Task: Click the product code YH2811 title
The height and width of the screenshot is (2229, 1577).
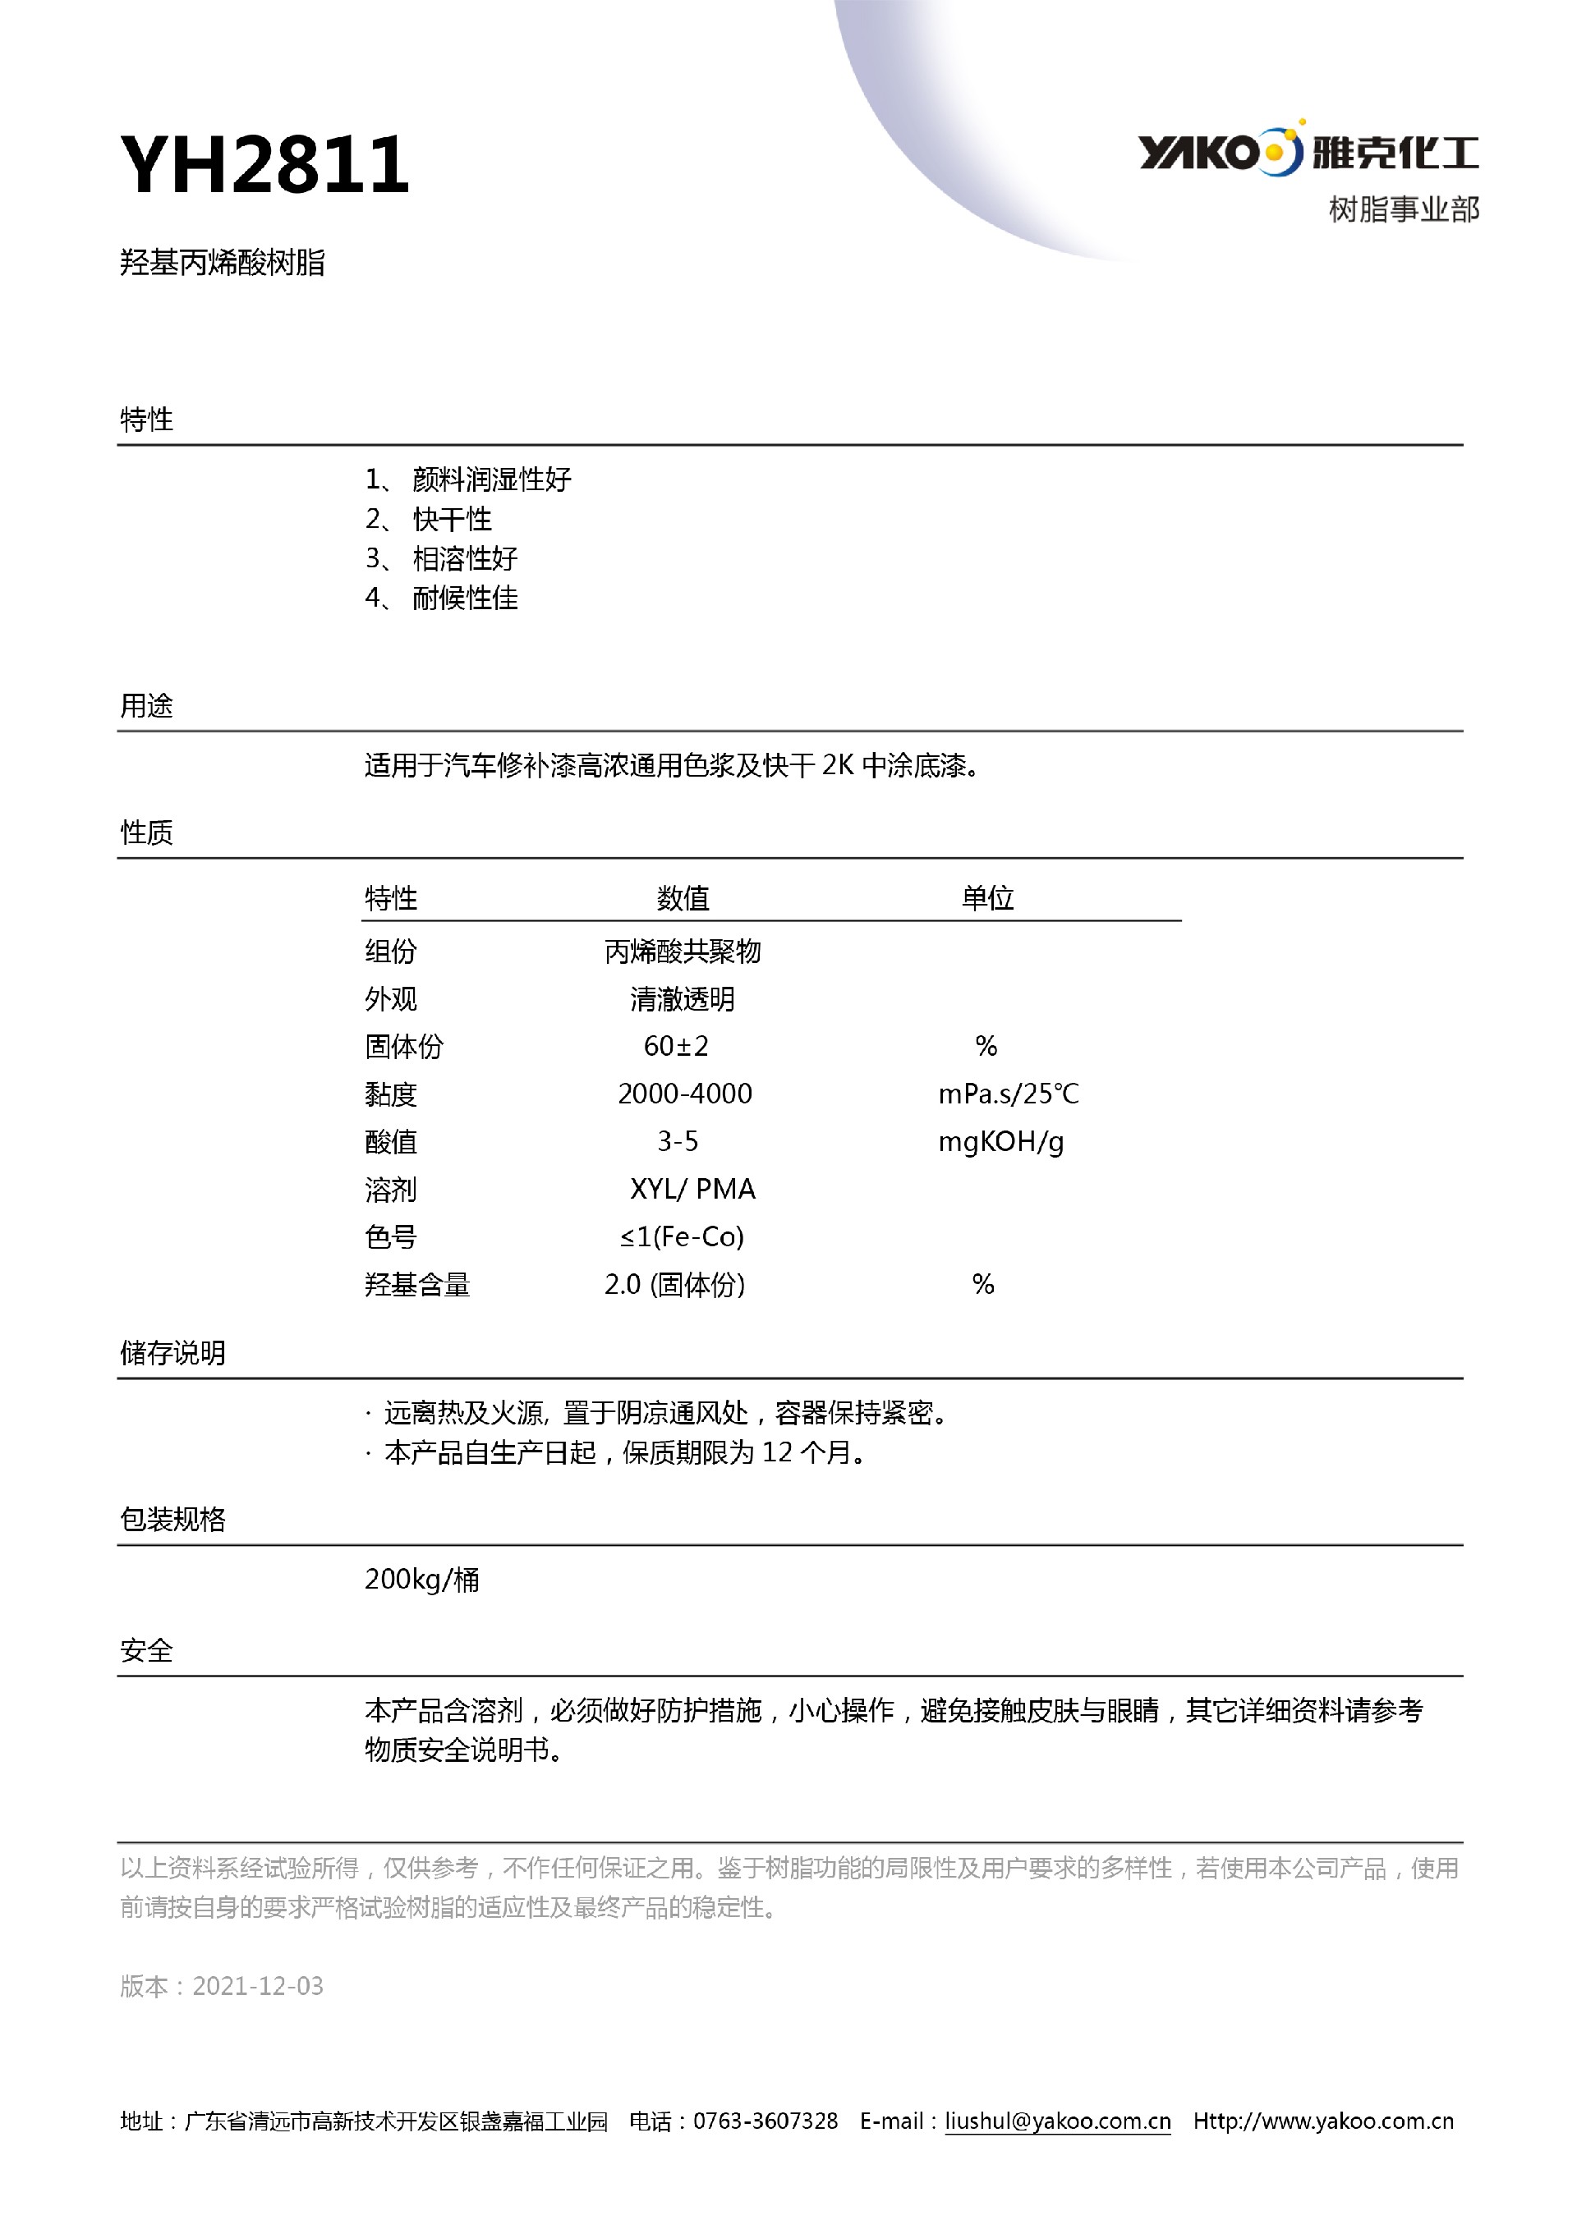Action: [264, 165]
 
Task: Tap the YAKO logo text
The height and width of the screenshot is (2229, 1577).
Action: [1198, 153]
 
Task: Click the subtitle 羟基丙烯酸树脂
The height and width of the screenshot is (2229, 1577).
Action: [223, 262]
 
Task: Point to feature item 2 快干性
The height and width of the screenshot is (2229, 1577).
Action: [452, 520]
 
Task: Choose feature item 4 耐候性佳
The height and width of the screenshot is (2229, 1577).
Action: [464, 598]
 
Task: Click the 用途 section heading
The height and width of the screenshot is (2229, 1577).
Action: [147, 706]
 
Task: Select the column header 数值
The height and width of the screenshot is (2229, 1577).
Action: [683, 898]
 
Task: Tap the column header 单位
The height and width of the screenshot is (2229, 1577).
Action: [987, 898]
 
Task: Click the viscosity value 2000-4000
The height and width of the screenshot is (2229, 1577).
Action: [684, 1094]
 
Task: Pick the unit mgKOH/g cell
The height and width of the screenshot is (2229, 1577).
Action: [1000, 1142]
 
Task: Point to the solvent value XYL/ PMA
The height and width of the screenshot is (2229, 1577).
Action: [692, 1190]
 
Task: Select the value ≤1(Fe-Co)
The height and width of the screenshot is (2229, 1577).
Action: [682, 1236]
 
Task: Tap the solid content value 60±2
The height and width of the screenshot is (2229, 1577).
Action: [676, 1047]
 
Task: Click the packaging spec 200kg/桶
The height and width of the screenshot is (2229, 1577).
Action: [421, 1580]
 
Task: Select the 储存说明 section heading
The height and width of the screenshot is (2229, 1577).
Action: [172, 1352]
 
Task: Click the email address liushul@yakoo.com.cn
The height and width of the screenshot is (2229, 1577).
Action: [1057, 2121]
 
